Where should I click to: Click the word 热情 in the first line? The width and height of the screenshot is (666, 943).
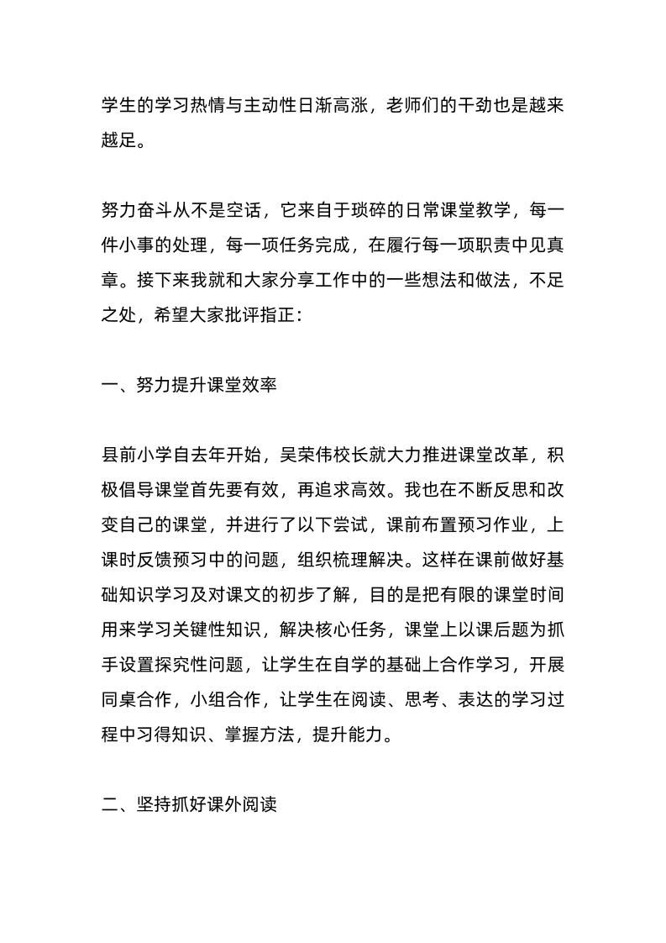222,106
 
